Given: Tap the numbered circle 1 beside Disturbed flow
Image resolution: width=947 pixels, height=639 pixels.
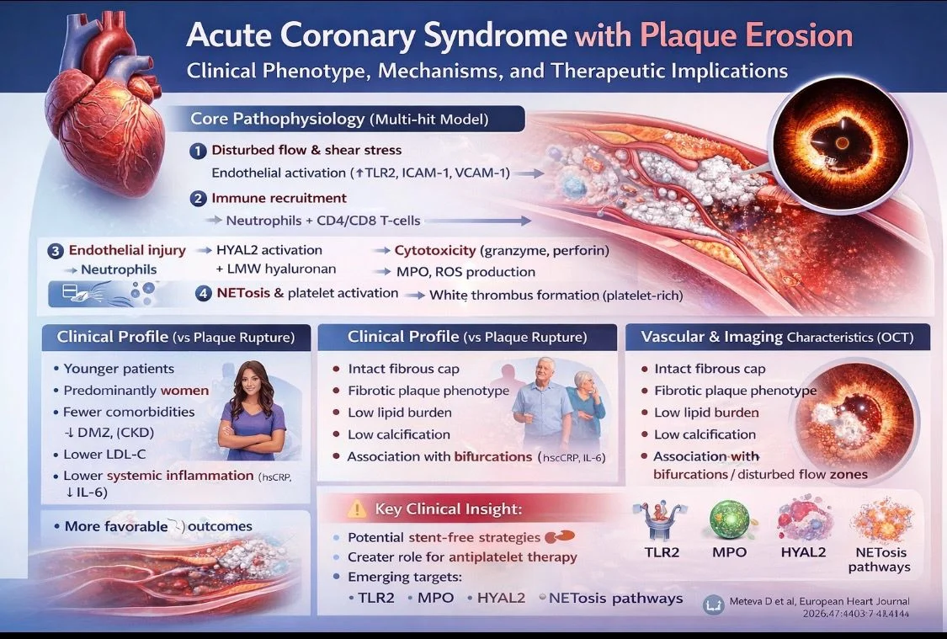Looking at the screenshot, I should click(198, 152).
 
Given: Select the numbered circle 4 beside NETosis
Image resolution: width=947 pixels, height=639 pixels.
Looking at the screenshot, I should click(204, 295).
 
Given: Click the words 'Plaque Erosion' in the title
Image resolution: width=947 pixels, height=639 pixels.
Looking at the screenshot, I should click(746, 36).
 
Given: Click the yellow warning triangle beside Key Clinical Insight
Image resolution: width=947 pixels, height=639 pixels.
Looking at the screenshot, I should click(358, 509).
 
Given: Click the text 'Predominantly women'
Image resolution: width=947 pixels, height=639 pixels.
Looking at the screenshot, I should click(136, 391).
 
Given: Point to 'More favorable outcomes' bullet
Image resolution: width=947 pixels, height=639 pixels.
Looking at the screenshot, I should click(158, 526).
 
